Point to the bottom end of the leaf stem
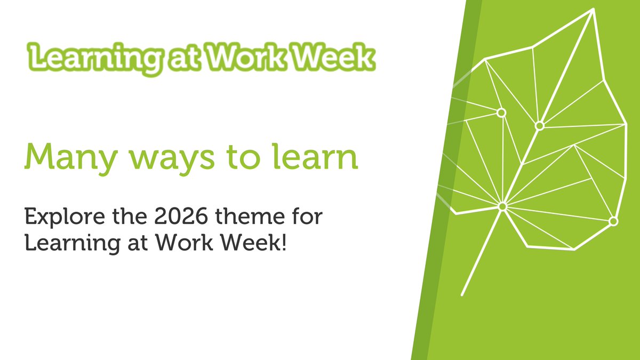pyautogui.click(x=462, y=294)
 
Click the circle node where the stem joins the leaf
pyautogui.click(x=502, y=206)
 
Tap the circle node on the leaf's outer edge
pyautogui.click(x=613, y=221)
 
